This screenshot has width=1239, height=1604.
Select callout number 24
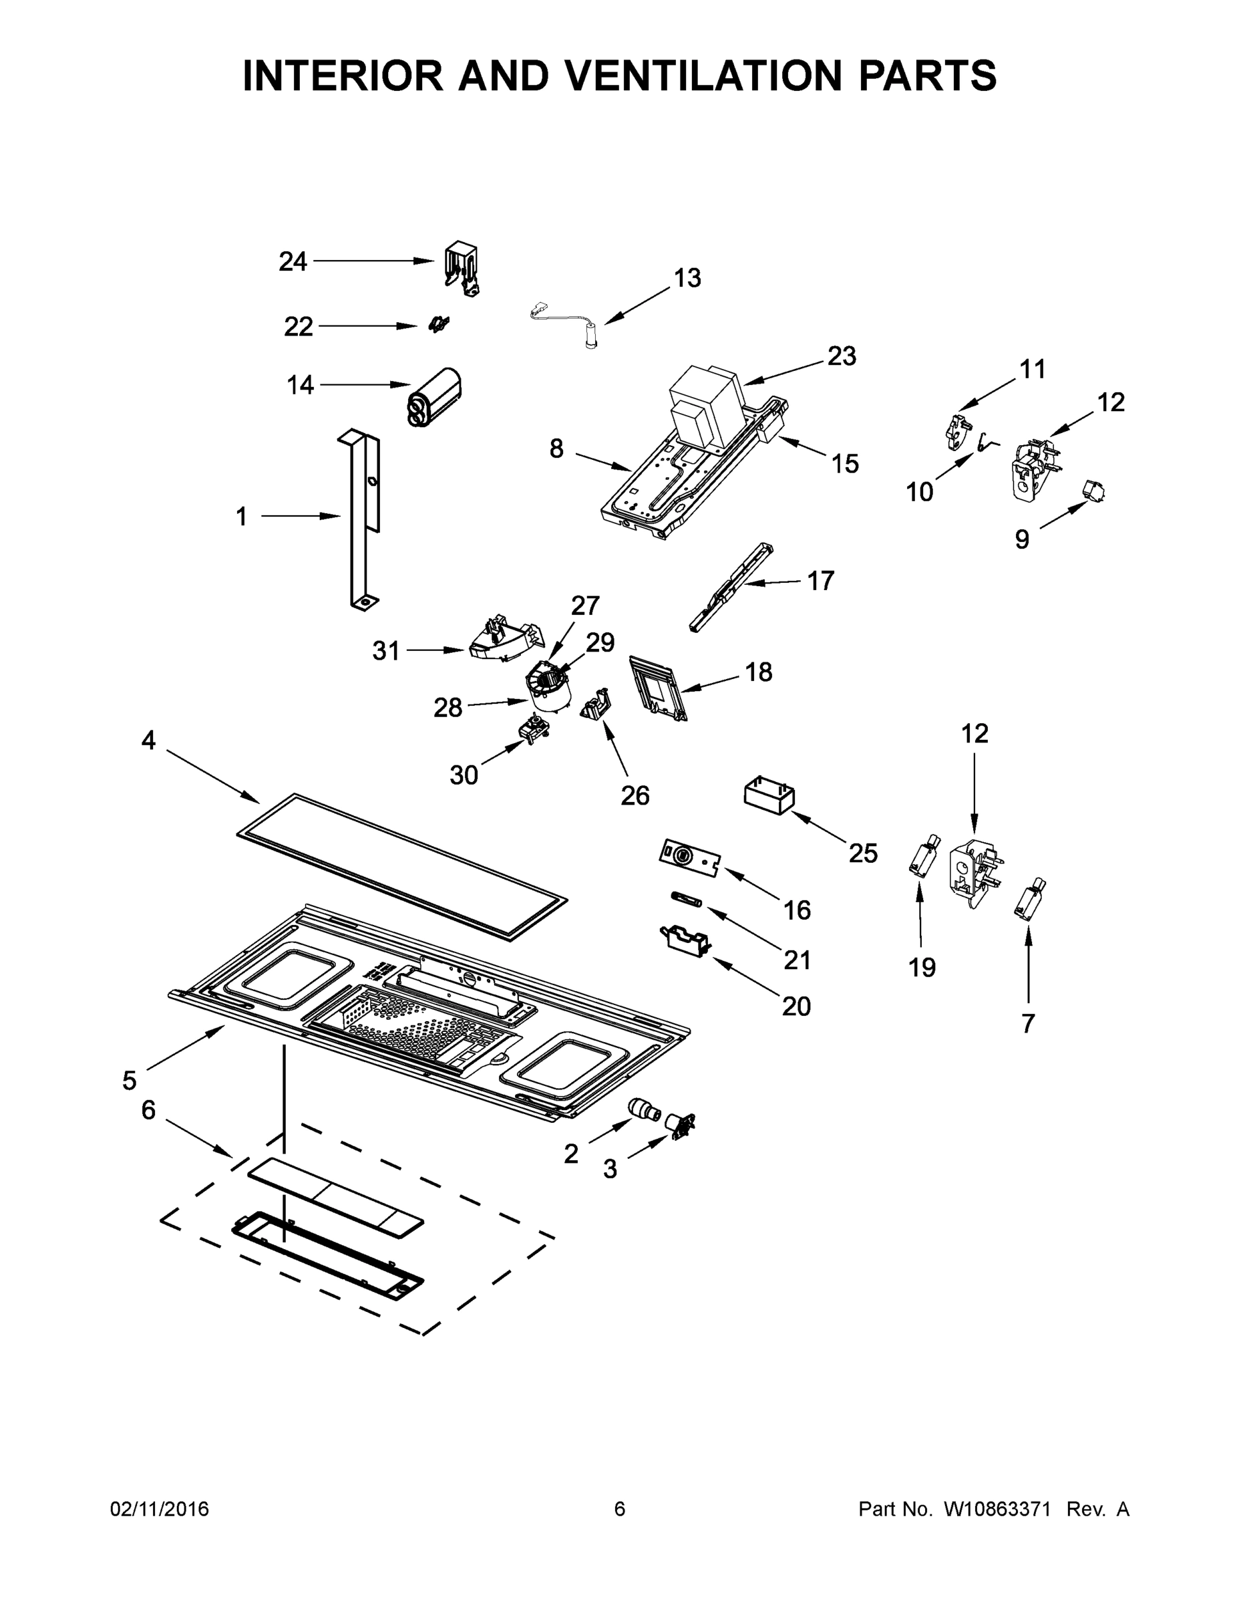(x=292, y=261)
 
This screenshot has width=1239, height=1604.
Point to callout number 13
(x=687, y=278)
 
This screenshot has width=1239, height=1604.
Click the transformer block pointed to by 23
(x=707, y=406)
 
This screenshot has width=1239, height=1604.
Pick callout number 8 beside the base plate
(x=556, y=448)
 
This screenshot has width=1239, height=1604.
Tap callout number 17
(x=820, y=581)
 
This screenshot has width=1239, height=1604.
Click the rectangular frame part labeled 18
(x=658, y=689)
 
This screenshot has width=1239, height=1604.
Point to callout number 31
(x=386, y=651)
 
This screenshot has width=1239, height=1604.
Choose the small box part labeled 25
(x=769, y=797)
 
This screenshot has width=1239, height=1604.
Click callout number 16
(x=797, y=910)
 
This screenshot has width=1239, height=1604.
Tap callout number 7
(x=1028, y=1023)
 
